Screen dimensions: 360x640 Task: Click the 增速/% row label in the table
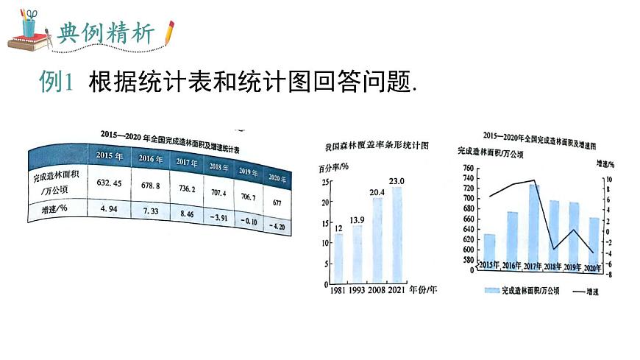pyautogui.click(x=54, y=208)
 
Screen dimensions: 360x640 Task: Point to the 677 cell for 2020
pyautogui.click(x=277, y=201)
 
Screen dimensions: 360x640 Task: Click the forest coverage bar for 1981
pyautogui.click(x=338, y=258)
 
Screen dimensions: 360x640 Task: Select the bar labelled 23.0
pyautogui.click(x=397, y=234)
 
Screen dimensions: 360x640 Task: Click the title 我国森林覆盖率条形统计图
pyautogui.click(x=376, y=146)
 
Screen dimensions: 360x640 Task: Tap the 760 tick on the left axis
pyautogui.click(x=468, y=169)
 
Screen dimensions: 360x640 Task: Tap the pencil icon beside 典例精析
pyautogui.click(x=169, y=32)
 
